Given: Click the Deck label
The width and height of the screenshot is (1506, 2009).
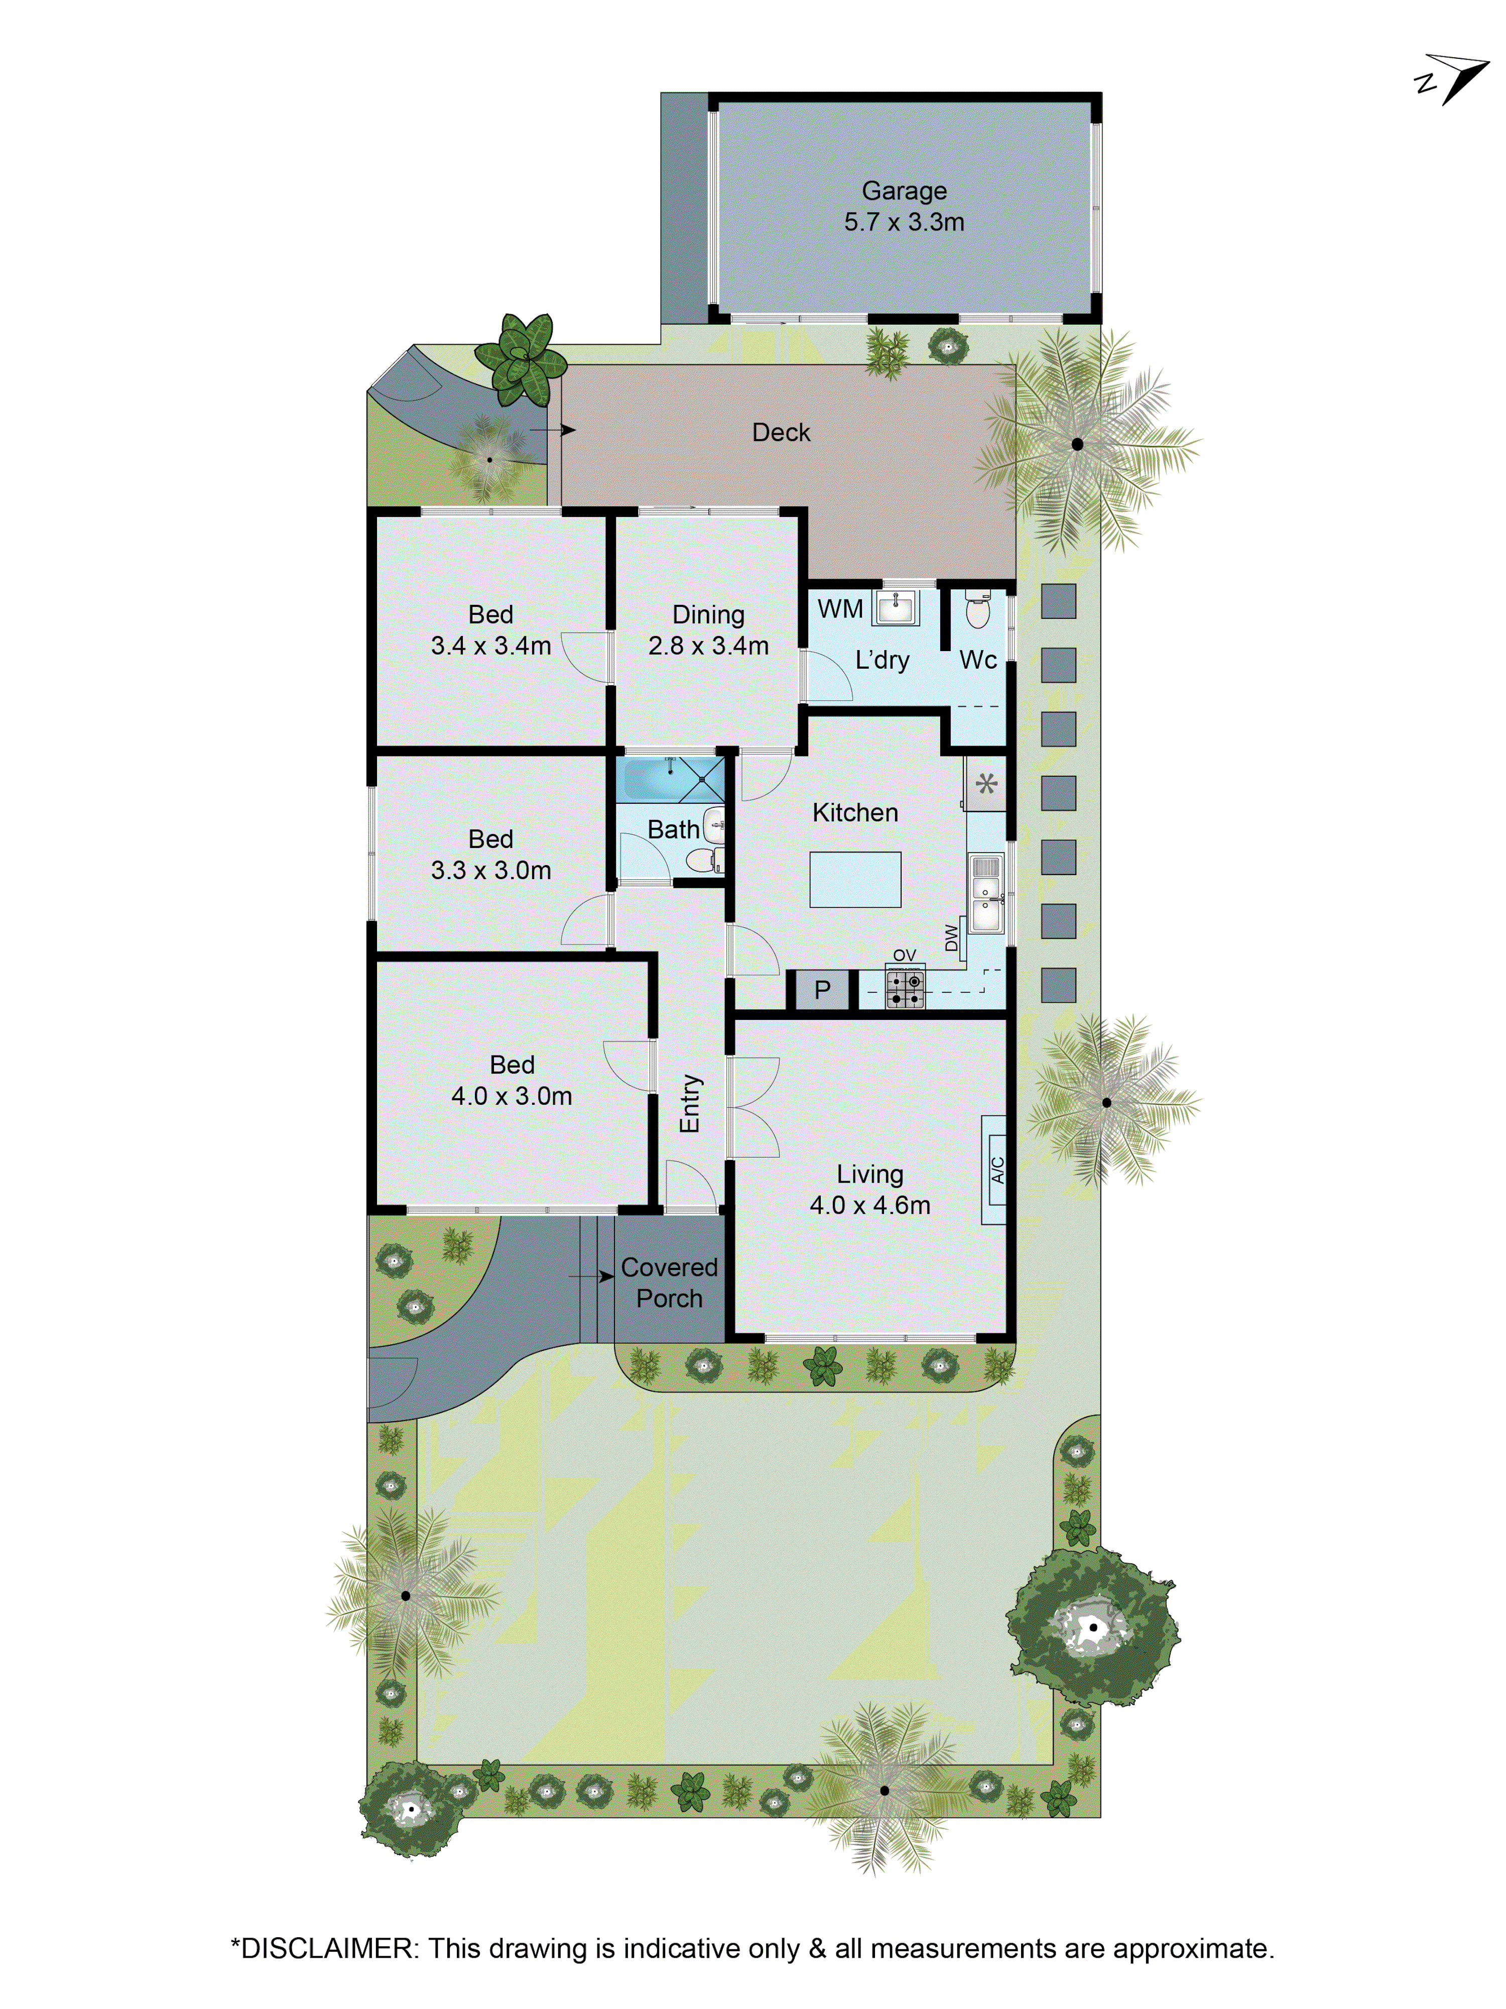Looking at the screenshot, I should pos(781,433).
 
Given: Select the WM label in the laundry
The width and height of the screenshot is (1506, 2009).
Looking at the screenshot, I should pos(840,608).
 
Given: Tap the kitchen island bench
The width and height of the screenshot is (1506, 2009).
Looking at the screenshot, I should pos(855,879).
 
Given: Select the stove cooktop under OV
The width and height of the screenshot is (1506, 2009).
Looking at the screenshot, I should pos(905,989).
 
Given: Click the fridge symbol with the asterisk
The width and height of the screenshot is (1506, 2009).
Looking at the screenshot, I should pos(986,783).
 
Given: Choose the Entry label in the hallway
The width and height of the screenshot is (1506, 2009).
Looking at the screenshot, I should pos(690,1104).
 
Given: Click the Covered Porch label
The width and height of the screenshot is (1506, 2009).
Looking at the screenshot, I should pos(669,1283).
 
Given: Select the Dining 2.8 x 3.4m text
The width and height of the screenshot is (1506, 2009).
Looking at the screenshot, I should pos(708,630).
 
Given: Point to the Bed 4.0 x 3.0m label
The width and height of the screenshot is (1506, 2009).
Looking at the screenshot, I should pos(512,1080).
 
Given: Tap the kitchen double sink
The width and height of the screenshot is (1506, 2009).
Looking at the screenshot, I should pos(986,894).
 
